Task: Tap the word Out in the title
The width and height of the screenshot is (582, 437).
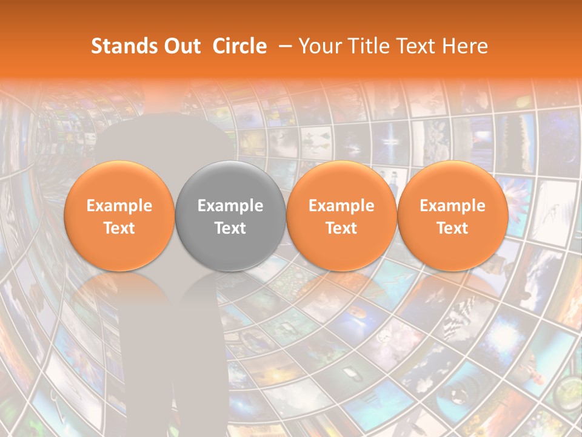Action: coord(180,46)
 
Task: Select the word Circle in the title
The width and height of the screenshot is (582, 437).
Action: coord(239,46)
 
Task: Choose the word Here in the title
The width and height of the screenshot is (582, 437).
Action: coord(465,46)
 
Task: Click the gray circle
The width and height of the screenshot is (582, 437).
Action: coord(230,216)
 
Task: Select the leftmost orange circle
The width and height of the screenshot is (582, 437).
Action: coord(119,216)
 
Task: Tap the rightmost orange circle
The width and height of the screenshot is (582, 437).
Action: coord(452,216)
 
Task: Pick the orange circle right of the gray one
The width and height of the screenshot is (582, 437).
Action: coord(341,216)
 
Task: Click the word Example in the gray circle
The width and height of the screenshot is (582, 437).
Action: coord(230,206)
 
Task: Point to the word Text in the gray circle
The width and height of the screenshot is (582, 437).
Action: coord(230,228)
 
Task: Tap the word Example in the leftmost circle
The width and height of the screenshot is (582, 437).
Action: coord(119,206)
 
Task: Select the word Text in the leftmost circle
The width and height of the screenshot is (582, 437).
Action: coord(119,228)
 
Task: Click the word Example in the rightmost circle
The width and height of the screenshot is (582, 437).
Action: coord(452,206)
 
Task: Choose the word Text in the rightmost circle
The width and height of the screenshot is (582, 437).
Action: coord(452,228)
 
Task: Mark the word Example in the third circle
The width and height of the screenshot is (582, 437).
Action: coord(341,206)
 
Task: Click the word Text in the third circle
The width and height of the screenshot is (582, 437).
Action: coord(341,228)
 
